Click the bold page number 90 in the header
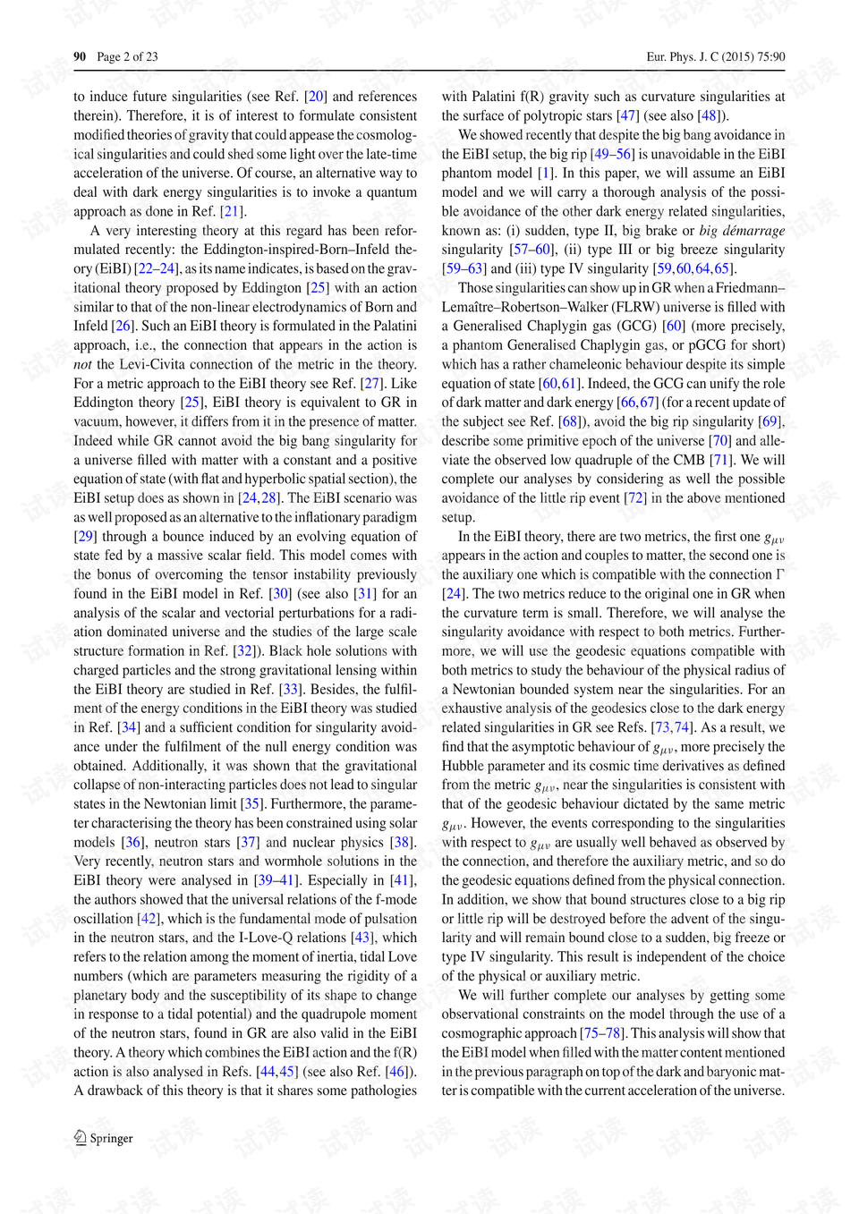(x=80, y=56)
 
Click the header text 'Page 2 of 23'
(x=127, y=56)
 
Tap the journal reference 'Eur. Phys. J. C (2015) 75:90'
(x=716, y=56)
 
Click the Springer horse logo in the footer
(x=80, y=1137)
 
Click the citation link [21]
(x=231, y=211)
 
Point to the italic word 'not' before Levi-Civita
(x=82, y=364)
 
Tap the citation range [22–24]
(x=157, y=268)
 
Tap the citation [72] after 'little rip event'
(x=634, y=498)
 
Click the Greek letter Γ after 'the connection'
(x=780, y=574)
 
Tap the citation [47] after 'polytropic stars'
(x=627, y=115)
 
